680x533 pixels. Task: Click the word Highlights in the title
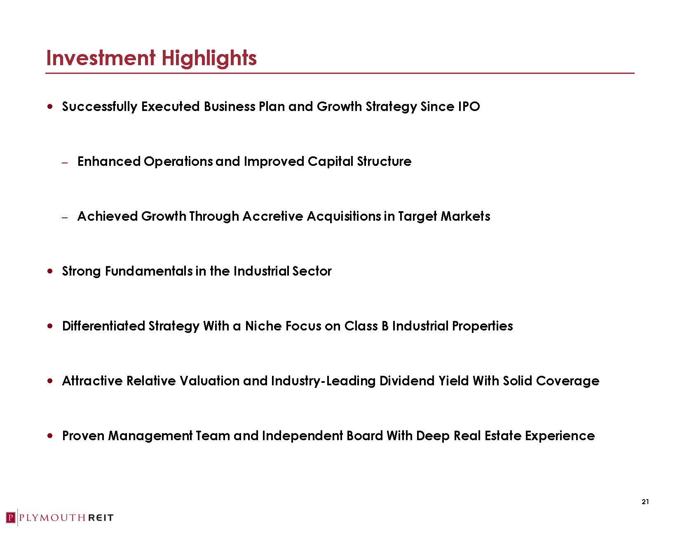[209, 59]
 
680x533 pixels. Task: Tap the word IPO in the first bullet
[469, 106]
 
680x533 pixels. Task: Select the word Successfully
[99, 107]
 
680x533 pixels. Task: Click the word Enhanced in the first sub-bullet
[109, 162]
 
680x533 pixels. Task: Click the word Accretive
[273, 217]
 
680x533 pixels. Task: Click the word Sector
[312, 271]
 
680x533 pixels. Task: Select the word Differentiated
[103, 326]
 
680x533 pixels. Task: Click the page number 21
[645, 502]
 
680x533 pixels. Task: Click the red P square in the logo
[11, 518]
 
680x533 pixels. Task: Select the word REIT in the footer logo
[101, 518]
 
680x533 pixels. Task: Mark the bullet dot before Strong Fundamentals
[50, 271]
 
